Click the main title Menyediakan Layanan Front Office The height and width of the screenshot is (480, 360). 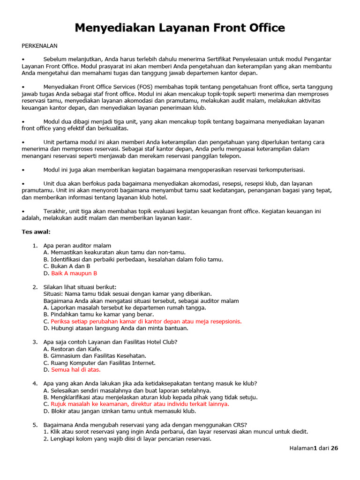pos(180,28)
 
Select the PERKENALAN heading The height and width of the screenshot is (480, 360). pos(39,45)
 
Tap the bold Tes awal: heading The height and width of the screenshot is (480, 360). pos(36,232)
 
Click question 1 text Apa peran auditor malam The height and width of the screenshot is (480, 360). pos(77,246)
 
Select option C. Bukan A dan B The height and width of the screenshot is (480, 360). pos(67,266)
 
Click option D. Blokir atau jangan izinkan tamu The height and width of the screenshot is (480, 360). pos(120,411)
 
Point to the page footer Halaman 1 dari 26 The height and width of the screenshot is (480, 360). pos(313,448)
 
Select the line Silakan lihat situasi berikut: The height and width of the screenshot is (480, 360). pos(80,287)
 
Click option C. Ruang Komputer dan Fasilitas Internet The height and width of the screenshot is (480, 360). pos(99,363)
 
